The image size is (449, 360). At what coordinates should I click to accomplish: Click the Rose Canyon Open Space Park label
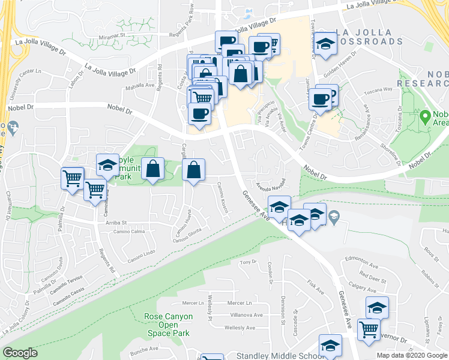pyautogui.click(x=169, y=325)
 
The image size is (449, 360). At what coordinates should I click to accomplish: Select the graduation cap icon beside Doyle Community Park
pyautogui.click(x=108, y=165)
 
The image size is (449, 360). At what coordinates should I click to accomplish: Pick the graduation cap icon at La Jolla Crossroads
pyautogui.click(x=325, y=43)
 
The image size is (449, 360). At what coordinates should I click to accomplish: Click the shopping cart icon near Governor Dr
pyautogui.click(x=369, y=329)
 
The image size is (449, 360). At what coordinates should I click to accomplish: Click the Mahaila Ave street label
pyautogui.click(x=141, y=85)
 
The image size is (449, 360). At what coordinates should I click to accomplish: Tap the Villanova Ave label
pyautogui.click(x=246, y=315)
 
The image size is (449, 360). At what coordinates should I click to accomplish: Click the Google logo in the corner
pyautogui.click(x=20, y=353)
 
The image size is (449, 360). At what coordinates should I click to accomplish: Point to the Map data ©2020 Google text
pyautogui.click(x=411, y=355)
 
